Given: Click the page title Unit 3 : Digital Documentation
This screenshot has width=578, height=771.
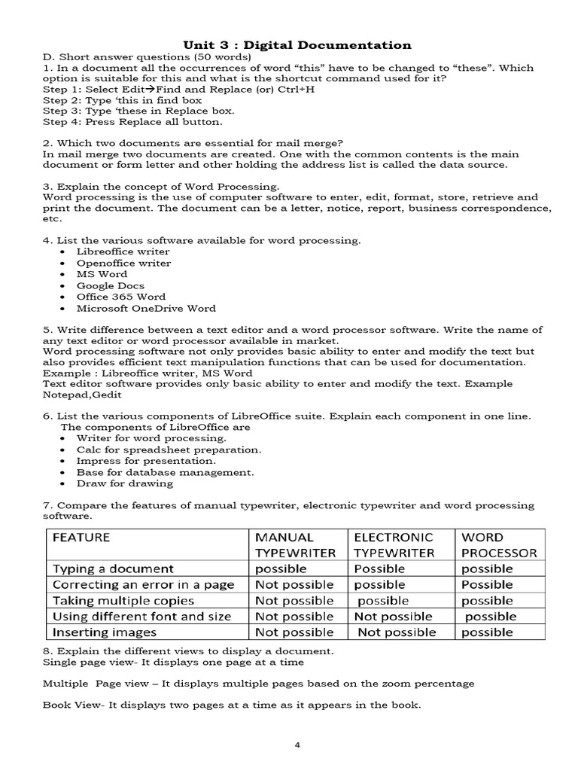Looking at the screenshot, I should point(298,45).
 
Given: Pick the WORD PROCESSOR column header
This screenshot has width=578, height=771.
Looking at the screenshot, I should point(499,545).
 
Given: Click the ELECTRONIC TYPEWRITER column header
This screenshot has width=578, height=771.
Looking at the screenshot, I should point(394,545).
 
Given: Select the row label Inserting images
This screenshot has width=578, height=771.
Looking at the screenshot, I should point(105,632).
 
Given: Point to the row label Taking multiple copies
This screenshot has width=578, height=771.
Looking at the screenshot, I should point(123,601).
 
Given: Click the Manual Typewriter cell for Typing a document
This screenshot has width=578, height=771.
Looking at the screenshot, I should point(281,569).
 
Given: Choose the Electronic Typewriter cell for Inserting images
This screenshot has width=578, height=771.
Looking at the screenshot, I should point(396,632).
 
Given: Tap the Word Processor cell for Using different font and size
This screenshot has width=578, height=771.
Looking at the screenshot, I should point(490,617).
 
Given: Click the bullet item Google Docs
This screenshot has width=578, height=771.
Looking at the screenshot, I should point(110,285).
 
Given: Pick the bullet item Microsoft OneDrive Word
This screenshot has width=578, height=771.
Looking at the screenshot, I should point(146,308).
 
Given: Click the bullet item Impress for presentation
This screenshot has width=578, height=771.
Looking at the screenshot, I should point(146,461).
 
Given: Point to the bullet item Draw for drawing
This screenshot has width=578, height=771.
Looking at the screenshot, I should point(125,483).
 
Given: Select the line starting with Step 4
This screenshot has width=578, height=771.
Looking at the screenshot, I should point(132,121).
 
